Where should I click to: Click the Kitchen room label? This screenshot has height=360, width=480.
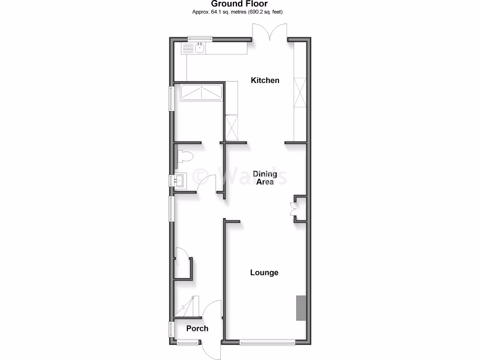[x=265, y=80]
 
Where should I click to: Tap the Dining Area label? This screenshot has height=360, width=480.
[x=265, y=178]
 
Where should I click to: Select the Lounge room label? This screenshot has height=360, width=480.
[x=264, y=272]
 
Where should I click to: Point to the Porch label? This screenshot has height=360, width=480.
[x=197, y=329]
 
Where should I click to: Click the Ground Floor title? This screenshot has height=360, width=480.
[x=240, y=4]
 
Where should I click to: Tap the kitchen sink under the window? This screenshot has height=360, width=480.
[x=200, y=47]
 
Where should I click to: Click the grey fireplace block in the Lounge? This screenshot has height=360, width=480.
[x=300, y=308]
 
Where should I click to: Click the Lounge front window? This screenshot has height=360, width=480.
[x=267, y=342]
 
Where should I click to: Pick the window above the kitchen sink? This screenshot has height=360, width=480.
[x=199, y=38]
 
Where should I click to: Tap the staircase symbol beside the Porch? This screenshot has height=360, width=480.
[x=187, y=307]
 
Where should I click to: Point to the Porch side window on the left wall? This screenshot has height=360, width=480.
[x=172, y=329]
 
